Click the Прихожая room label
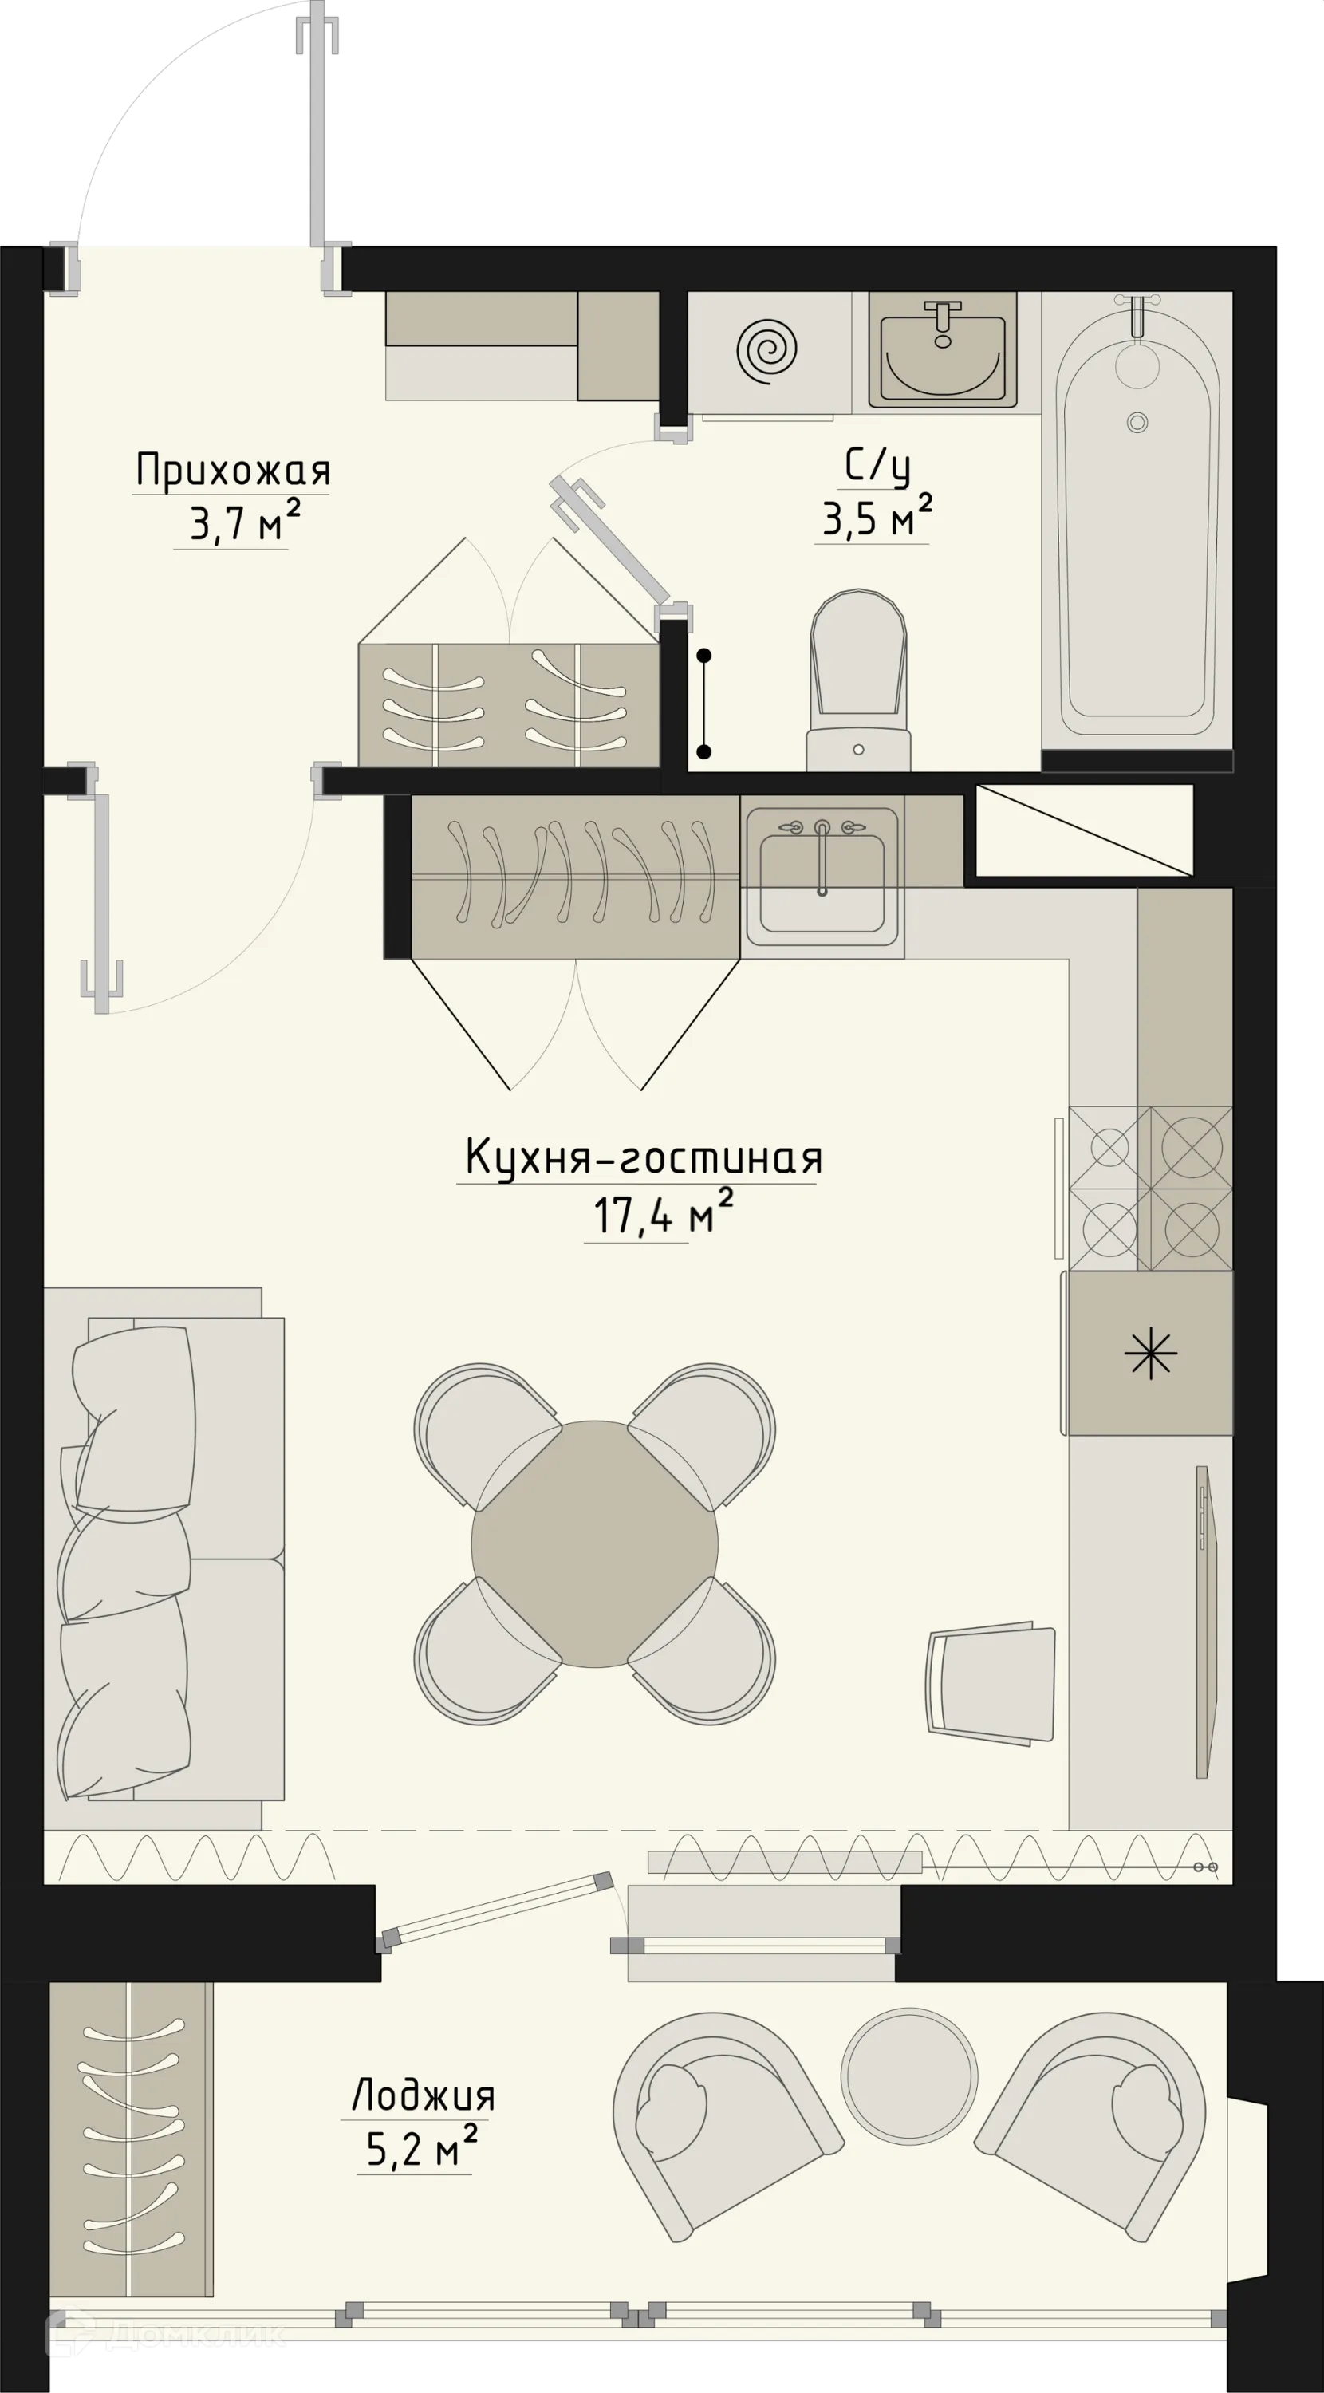coord(232,471)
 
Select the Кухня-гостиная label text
coord(643,1158)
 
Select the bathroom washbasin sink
coord(942,353)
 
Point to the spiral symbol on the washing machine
coord(767,350)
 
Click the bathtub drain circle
coord(1137,422)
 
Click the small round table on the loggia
coord(908,2075)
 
